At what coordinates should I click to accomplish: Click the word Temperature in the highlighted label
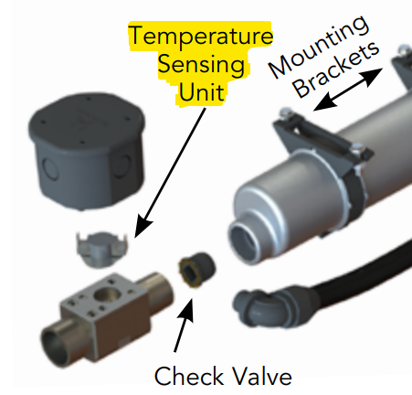click(201, 37)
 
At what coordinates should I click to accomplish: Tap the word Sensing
click(201, 65)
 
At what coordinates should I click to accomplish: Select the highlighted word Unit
click(202, 92)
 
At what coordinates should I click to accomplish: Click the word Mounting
click(319, 46)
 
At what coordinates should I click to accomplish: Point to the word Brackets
click(337, 70)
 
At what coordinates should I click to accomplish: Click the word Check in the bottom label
click(189, 376)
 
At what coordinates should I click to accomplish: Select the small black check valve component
click(196, 269)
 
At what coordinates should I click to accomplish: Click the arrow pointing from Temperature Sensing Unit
click(170, 173)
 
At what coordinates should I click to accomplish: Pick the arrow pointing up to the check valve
click(184, 325)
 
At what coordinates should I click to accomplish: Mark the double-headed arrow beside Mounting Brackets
click(348, 89)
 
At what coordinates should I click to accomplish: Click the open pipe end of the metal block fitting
click(55, 347)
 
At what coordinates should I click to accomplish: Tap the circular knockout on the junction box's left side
click(50, 168)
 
